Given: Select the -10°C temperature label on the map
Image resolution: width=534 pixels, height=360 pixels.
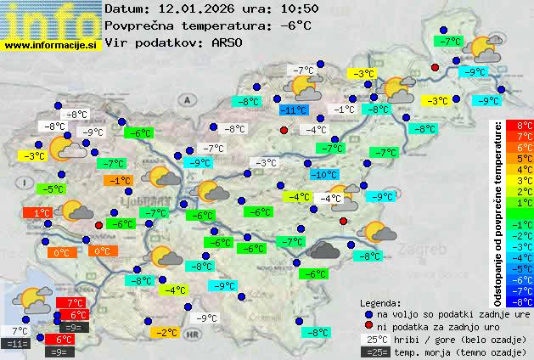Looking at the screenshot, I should (x=323, y=174).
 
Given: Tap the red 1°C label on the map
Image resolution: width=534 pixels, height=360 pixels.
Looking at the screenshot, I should (x=37, y=212).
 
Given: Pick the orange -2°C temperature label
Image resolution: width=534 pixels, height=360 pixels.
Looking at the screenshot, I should (x=166, y=333).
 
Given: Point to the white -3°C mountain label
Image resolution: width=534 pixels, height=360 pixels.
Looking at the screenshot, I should (x=267, y=163).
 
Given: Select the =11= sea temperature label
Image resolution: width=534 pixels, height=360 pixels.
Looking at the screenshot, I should (x=16, y=344).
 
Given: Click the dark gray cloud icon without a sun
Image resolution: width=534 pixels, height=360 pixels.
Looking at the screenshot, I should (x=323, y=250).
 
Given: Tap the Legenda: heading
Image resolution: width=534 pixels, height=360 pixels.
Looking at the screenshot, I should (x=380, y=302).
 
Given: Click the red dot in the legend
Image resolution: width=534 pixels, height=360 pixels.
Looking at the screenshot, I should (x=368, y=326).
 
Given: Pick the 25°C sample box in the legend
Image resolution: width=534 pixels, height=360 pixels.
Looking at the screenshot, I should (x=374, y=339).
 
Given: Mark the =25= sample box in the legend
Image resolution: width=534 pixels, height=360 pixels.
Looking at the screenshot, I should (x=374, y=351).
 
